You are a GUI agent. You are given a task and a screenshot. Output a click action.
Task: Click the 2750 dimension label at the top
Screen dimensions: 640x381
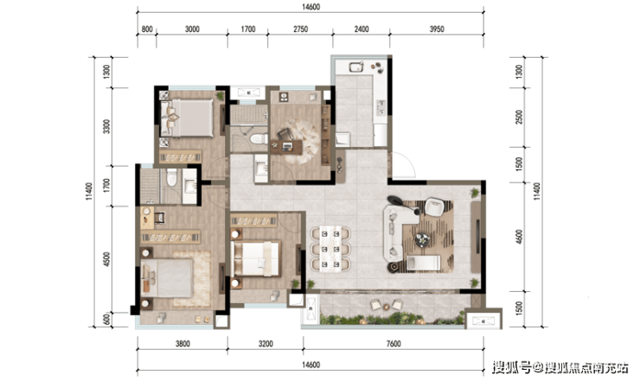pyautogui.click(x=300, y=29)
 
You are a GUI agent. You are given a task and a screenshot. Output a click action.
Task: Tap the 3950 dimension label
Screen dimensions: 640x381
pyautogui.click(x=437, y=29)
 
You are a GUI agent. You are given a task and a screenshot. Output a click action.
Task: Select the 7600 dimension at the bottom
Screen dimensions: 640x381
pyautogui.click(x=394, y=344)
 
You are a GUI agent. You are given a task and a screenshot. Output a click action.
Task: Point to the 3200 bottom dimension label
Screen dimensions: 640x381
pyautogui.click(x=266, y=344)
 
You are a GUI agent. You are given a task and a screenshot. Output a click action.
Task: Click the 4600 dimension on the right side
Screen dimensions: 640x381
pyautogui.click(x=519, y=237)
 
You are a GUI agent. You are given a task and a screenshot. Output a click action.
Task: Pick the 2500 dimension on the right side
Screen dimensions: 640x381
pyautogui.click(x=519, y=117)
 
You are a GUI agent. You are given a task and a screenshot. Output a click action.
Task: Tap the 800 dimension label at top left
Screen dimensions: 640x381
pyautogui.click(x=147, y=29)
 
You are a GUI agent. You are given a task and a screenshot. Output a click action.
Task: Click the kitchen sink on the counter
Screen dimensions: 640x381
pyautogui.click(x=356, y=66)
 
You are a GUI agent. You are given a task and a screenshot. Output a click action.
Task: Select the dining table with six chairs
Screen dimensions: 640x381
pyautogui.click(x=330, y=249)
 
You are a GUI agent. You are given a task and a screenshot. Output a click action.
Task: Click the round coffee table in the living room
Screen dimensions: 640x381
pyautogui.click(x=422, y=240)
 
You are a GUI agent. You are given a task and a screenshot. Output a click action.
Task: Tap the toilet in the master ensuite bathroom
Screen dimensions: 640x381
pyautogui.click(x=172, y=177)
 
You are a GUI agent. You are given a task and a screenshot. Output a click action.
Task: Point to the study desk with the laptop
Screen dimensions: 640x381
pyautogui.click(x=286, y=147)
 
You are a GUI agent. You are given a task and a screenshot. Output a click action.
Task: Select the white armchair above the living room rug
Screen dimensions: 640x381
pyautogui.click(x=434, y=206)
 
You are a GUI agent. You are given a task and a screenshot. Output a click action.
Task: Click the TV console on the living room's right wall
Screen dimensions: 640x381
pyautogui.click(x=476, y=237)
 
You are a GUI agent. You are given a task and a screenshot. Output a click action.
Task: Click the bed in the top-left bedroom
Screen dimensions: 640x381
pyautogui.click(x=187, y=117)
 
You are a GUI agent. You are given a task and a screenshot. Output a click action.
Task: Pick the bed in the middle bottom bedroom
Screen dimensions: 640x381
pyautogui.click(x=256, y=258)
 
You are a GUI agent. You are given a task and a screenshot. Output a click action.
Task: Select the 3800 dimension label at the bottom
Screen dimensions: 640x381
pyautogui.click(x=182, y=344)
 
